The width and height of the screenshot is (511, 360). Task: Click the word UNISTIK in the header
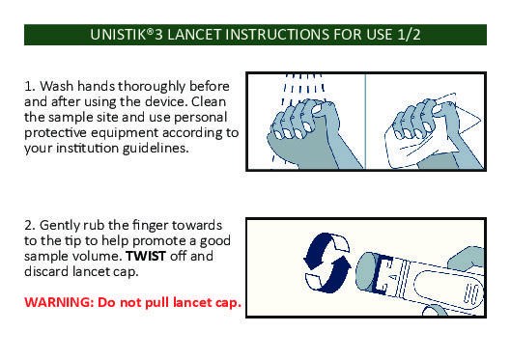coord(118,35)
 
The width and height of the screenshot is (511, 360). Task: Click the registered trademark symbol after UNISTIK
coord(150,31)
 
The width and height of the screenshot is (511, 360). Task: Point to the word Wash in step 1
coord(57,86)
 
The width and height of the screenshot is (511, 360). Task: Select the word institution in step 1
coord(88,149)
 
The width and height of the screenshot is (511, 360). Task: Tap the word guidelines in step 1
coord(156,149)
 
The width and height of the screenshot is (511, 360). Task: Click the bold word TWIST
coord(146,256)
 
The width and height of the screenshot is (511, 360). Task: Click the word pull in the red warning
coord(157,303)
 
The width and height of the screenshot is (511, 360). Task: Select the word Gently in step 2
coord(59,226)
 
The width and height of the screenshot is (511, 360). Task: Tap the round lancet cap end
coord(366,273)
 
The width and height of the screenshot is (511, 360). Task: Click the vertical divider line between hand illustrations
coord(365,122)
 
